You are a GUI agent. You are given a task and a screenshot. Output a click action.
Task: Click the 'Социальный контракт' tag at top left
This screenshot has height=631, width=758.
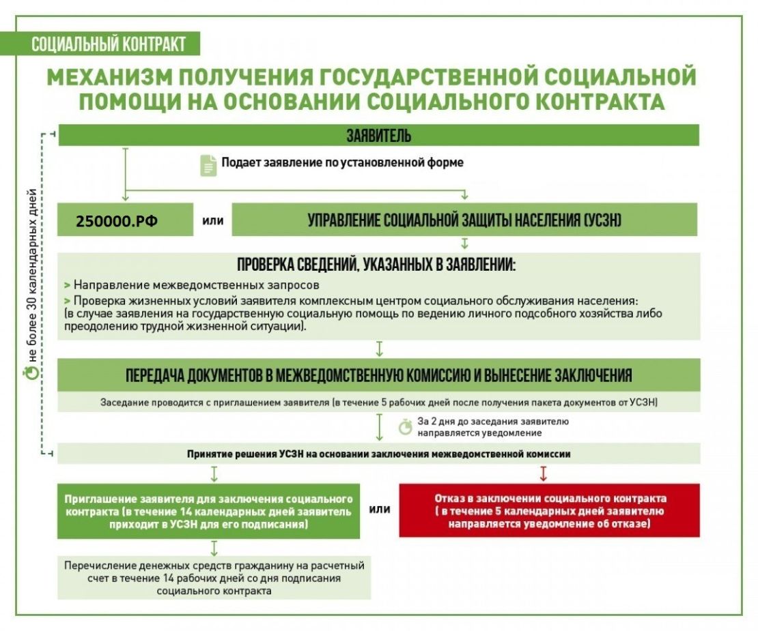point(109,45)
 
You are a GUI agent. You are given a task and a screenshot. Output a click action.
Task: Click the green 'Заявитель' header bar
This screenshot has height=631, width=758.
point(379,135)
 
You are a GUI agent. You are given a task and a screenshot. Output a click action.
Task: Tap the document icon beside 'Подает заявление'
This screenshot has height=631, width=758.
point(208,164)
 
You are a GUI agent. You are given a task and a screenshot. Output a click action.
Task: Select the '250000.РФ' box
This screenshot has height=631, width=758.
point(117,221)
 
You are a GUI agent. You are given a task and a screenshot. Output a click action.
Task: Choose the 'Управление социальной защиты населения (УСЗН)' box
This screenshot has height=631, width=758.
point(464,220)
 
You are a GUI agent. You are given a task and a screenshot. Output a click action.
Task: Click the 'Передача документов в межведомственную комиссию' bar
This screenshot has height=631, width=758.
point(379,375)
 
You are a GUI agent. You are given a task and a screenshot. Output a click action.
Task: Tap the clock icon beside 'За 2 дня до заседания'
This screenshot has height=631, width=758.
point(406,427)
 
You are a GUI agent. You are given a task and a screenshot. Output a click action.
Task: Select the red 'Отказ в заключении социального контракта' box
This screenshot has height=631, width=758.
point(550,511)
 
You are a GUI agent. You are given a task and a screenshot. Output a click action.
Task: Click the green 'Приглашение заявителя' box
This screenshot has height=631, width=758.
point(208,511)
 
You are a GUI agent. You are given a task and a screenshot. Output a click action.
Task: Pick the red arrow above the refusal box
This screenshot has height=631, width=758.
point(544,473)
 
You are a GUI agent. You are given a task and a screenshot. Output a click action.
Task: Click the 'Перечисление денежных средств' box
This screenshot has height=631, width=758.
point(214,578)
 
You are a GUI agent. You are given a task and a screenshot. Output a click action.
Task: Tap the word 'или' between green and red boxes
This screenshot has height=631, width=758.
point(380,509)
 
